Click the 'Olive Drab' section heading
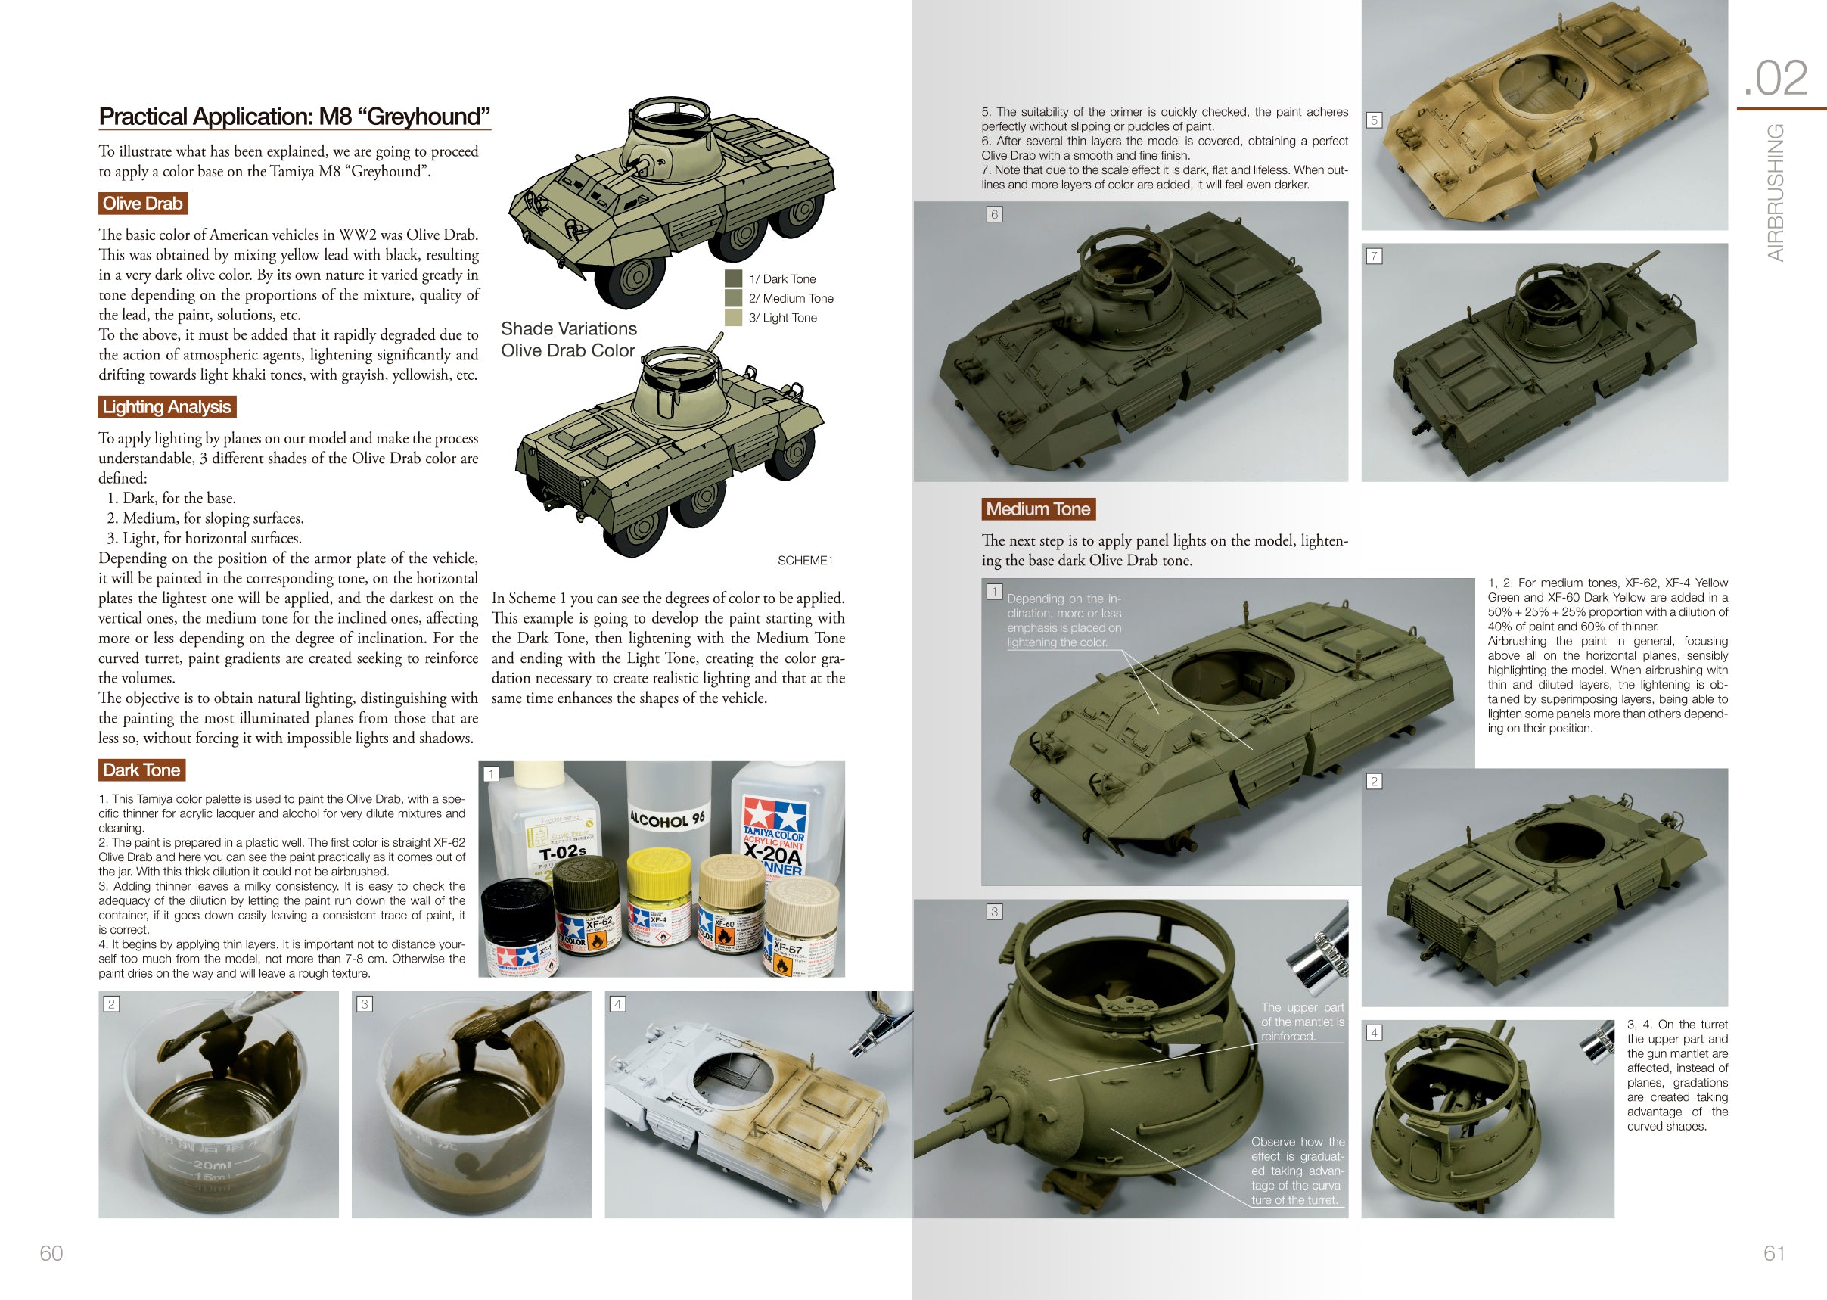tap(142, 204)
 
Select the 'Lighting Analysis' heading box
tap(166, 406)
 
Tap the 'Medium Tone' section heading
tap(1038, 509)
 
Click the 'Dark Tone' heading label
tap(141, 770)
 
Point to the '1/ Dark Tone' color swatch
tap(733, 278)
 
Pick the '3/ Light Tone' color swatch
tap(733, 318)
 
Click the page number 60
tap(51, 1253)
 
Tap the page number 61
tap(1774, 1253)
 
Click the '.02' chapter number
tap(1775, 79)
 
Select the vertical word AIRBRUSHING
tap(1776, 192)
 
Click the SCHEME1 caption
tap(805, 561)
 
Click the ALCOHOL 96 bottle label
tap(667, 819)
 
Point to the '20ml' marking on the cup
tap(212, 1165)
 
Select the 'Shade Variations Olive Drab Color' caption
tap(568, 340)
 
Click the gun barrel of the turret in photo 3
tap(956, 1129)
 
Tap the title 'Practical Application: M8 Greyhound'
tap(294, 117)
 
